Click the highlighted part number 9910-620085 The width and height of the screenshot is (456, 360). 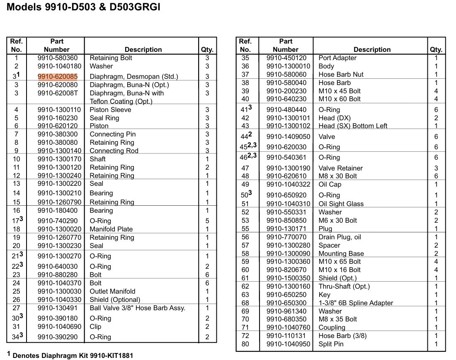pos(57,76)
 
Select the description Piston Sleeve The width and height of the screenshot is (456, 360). pos(110,110)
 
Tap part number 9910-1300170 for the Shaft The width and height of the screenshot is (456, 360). pos(59,159)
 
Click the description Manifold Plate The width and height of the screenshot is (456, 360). pos(111,229)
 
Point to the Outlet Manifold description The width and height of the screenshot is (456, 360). pos(112,292)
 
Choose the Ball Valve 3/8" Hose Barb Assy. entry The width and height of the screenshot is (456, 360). pos(137,308)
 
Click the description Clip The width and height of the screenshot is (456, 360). pos(95,327)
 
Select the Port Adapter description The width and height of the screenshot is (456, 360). pos(337,58)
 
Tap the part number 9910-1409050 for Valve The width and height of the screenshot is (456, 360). pos(288,137)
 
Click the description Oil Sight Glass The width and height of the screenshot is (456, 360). pos(341,204)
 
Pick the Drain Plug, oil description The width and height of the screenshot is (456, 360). pos(340,237)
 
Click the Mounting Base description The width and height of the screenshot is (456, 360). pos(341,254)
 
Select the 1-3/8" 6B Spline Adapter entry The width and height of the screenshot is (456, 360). pos(356,303)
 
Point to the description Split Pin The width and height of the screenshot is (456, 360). pos(331,344)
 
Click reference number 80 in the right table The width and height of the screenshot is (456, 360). pos(245,344)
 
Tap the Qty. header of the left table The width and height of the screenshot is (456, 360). pos(207,50)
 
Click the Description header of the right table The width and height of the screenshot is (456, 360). pos(372,50)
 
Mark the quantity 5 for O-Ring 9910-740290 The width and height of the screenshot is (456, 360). pos(207,221)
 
